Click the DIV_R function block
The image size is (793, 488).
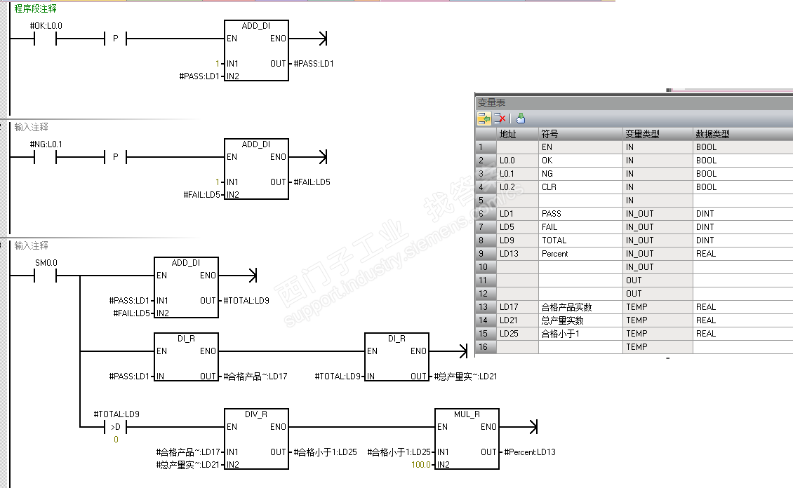256,438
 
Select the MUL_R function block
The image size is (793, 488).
467,438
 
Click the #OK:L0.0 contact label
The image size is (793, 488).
46,26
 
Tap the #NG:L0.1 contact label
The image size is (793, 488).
46,144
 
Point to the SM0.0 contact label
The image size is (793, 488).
46,263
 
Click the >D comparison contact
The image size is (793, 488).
115,426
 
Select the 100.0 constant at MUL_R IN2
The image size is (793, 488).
422,465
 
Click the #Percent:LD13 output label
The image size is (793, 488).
530,452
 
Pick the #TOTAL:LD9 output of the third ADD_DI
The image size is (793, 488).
246,301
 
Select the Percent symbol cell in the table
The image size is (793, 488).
554,254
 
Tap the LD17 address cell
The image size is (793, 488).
509,307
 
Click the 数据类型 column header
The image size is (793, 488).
712,134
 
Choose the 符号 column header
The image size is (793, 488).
549,134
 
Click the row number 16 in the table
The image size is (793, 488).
482,347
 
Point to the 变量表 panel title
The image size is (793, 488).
491,102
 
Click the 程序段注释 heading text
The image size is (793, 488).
36,9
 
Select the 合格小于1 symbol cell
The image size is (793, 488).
559,334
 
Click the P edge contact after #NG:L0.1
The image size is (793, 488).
115,157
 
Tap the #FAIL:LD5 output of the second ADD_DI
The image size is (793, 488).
312,182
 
